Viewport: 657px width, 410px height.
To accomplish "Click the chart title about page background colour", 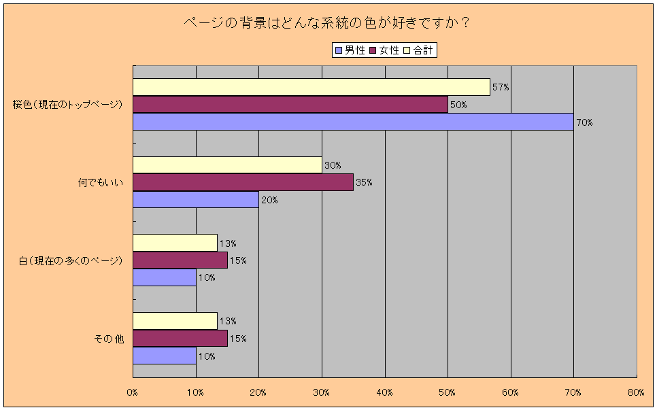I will tap(328, 22).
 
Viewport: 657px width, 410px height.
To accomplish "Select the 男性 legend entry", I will tap(350, 50).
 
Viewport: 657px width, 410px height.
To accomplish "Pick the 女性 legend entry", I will tap(385, 50).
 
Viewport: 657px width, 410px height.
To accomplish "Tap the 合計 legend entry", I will tap(418, 50).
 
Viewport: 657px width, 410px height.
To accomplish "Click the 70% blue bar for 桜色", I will tap(353, 122).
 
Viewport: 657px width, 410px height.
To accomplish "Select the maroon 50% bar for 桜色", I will tap(290, 105).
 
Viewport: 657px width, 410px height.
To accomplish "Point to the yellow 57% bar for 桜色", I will tap(311, 87).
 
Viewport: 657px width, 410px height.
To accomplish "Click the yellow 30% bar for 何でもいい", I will tap(227, 165).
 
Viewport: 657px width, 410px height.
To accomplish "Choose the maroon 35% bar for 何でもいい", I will tap(243, 182).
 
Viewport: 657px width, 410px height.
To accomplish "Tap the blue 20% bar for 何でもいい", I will tap(196, 200).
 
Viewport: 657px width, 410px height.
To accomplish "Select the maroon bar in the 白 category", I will tap(180, 260).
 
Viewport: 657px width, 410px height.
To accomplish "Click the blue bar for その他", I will tap(165, 356).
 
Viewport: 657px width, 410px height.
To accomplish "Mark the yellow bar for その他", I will tap(175, 321).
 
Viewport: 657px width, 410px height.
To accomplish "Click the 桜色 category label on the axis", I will tap(67, 105).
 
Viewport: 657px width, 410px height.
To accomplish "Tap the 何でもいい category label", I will tap(101, 182).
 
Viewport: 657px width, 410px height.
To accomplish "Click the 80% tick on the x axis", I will tap(636, 392).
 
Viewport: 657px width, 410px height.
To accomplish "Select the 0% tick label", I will tap(133, 392).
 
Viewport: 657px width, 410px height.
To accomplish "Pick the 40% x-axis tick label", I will tap(385, 392).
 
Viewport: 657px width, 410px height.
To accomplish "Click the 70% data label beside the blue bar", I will tap(584, 122).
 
